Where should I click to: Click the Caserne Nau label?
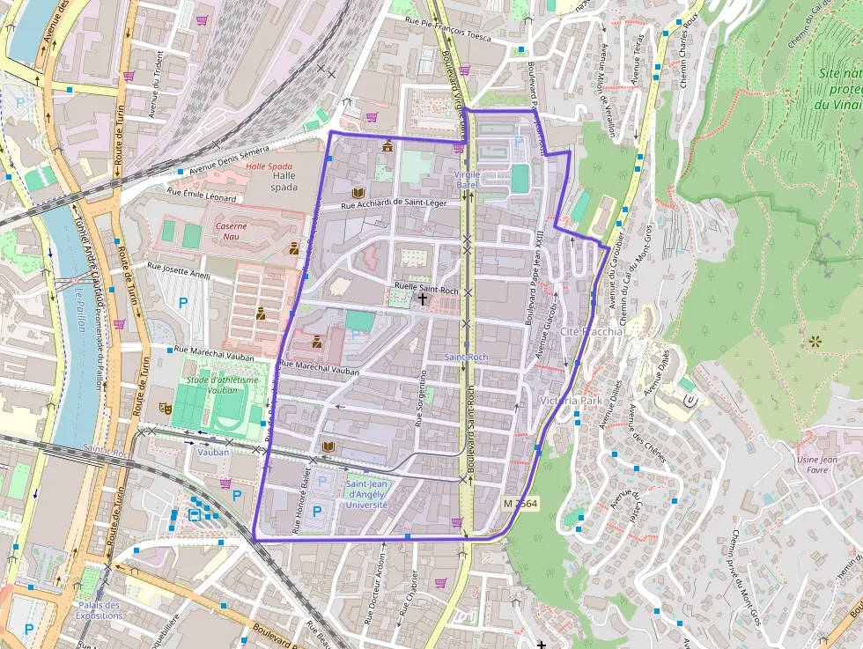pos(232,231)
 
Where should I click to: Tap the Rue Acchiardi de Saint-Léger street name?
pos(395,203)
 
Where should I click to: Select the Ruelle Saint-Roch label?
pos(427,288)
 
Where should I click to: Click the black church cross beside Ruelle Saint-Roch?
pos(423,299)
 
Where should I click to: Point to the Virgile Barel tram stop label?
pos(467,180)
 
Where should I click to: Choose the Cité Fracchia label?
pos(591,332)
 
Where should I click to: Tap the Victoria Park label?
pos(572,401)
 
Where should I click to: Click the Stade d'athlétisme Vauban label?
pos(222,385)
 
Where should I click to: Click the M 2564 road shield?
pos(520,503)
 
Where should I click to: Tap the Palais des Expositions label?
pos(99,610)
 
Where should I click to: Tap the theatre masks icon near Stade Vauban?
pos(164,408)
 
